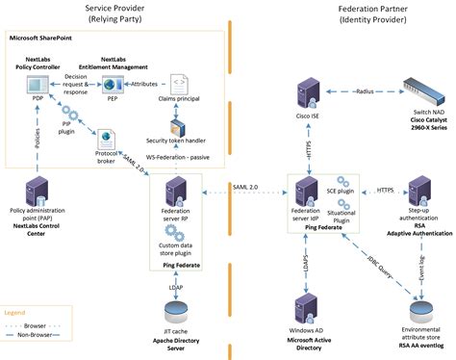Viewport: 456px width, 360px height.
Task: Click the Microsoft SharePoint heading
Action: point(45,38)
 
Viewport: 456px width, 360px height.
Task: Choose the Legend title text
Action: point(14,312)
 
